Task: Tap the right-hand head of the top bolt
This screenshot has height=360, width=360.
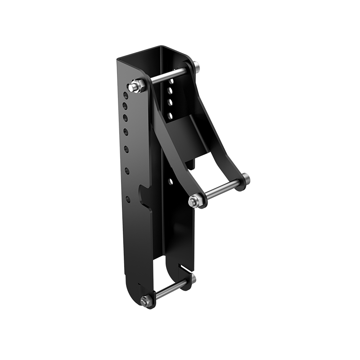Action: (198, 68)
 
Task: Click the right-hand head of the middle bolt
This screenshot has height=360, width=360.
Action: (246, 179)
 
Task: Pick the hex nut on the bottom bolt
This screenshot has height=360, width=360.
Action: (145, 302)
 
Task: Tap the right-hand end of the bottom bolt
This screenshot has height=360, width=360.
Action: (193, 278)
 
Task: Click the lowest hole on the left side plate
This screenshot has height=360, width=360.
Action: (128, 198)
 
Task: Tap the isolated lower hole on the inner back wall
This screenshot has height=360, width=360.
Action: (171, 182)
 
